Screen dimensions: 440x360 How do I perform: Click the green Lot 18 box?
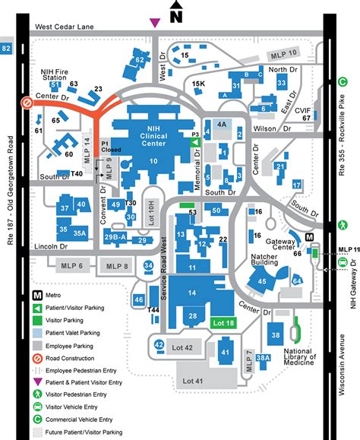pyautogui.click(x=224, y=324)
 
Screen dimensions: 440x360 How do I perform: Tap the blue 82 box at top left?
pyautogui.click(x=7, y=49)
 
